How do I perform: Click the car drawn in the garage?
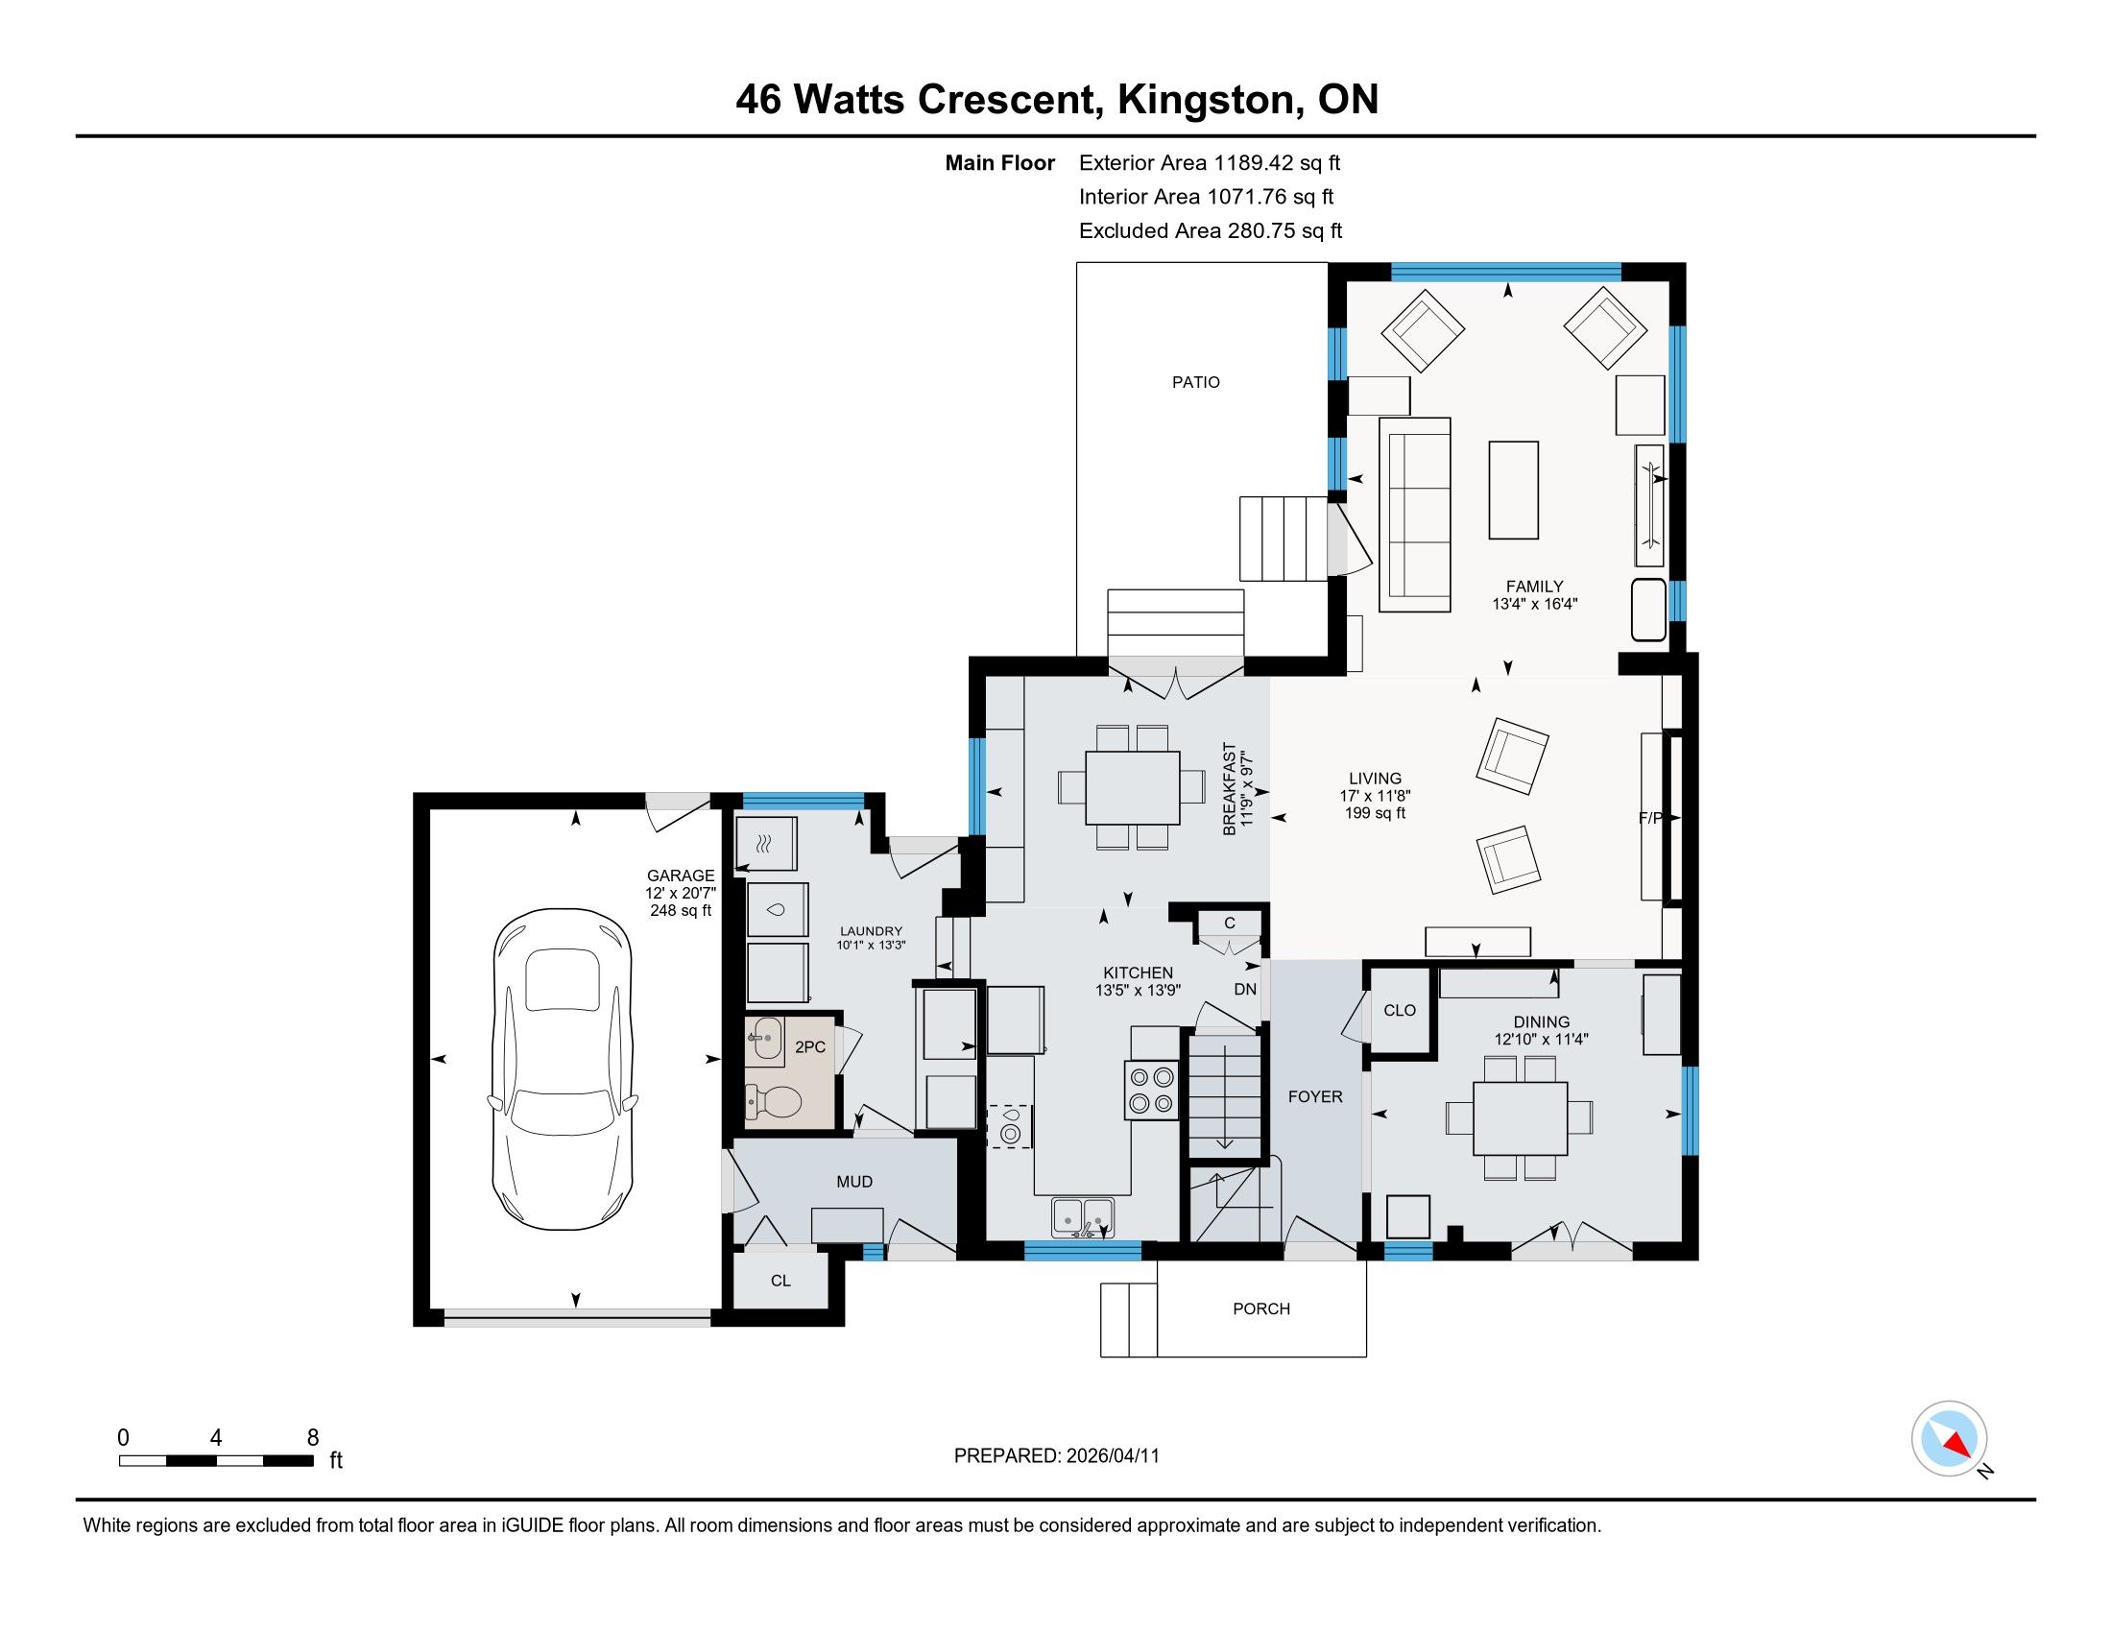[563, 1069]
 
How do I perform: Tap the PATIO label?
[1195, 382]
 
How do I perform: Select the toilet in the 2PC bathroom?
[774, 1100]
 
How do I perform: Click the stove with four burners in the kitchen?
[1151, 1091]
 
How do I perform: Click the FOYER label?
[1315, 1096]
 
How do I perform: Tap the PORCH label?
[1261, 1308]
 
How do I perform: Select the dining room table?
[1521, 1117]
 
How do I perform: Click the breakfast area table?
[1133, 787]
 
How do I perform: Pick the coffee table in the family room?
[1513, 490]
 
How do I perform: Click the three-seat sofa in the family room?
[1416, 515]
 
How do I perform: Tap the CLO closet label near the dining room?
[1400, 1010]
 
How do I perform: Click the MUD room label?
[854, 1182]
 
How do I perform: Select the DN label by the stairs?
[1245, 989]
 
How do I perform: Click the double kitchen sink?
[1083, 1216]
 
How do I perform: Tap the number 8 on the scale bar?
[312, 1438]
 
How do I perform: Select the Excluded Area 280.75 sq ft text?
[1211, 230]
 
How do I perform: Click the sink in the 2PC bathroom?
[765, 1041]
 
